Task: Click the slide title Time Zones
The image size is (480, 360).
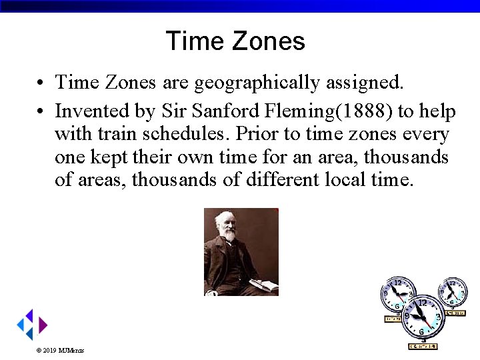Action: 235,41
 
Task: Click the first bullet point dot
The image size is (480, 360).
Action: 41,83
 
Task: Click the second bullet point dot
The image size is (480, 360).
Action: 41,111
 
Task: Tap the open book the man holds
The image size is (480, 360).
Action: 265,285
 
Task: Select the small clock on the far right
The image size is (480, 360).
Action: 453,294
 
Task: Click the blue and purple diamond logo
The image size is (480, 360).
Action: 31,325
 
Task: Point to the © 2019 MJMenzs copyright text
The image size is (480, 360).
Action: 60,350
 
